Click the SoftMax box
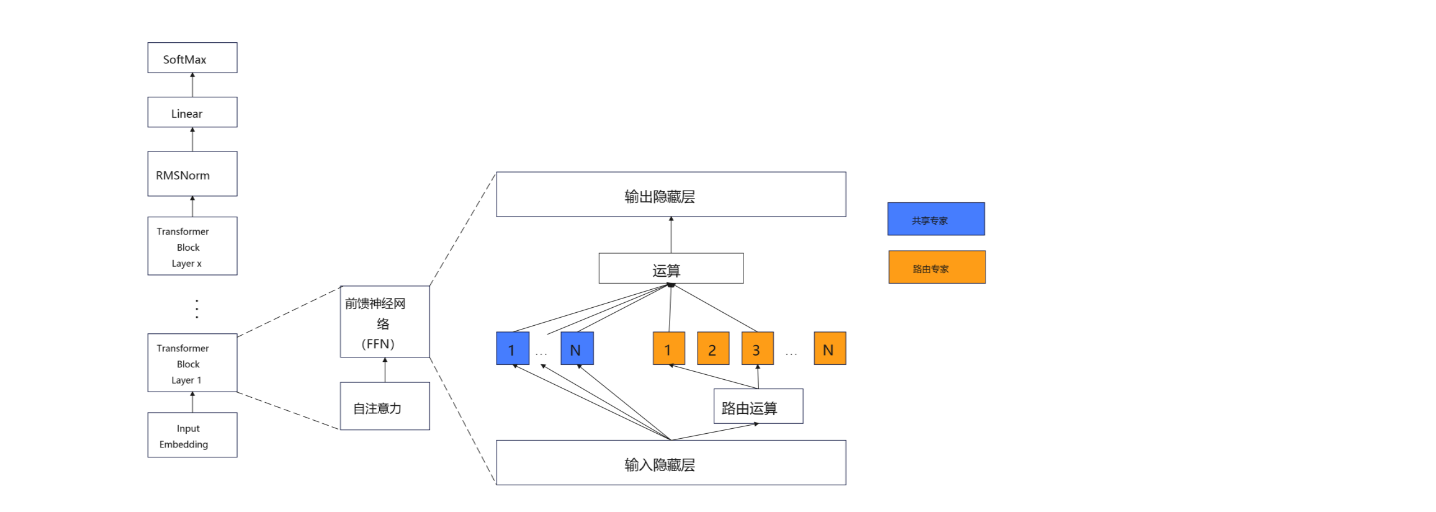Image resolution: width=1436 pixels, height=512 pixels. point(192,58)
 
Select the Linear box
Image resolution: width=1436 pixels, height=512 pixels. point(192,112)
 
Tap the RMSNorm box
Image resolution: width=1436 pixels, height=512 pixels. point(192,174)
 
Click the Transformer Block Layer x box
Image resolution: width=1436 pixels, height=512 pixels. point(192,246)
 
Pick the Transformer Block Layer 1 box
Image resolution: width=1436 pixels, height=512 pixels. point(192,363)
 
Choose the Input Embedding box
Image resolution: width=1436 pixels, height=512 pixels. point(192,435)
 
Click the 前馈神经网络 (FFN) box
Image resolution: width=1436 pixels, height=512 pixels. point(385,321)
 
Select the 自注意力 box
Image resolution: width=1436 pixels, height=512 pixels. point(385,406)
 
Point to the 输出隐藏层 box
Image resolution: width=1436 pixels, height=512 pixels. point(671,194)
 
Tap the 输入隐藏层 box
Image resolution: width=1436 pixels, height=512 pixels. point(671,462)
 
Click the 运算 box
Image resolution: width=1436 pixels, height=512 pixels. point(671,268)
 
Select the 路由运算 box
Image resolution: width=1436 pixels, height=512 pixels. point(758,406)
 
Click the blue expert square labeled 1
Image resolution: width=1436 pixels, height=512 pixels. point(513,348)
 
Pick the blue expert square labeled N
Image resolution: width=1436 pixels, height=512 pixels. point(577,348)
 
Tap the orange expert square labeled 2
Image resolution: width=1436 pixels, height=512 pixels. point(713,348)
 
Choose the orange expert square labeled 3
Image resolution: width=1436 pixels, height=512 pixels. point(758,348)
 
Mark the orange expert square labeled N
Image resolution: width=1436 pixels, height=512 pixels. point(830,348)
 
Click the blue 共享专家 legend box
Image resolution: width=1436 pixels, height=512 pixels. point(936,219)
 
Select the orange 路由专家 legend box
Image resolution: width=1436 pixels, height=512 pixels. point(937,267)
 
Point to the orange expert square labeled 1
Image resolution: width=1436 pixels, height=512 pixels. point(669,348)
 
